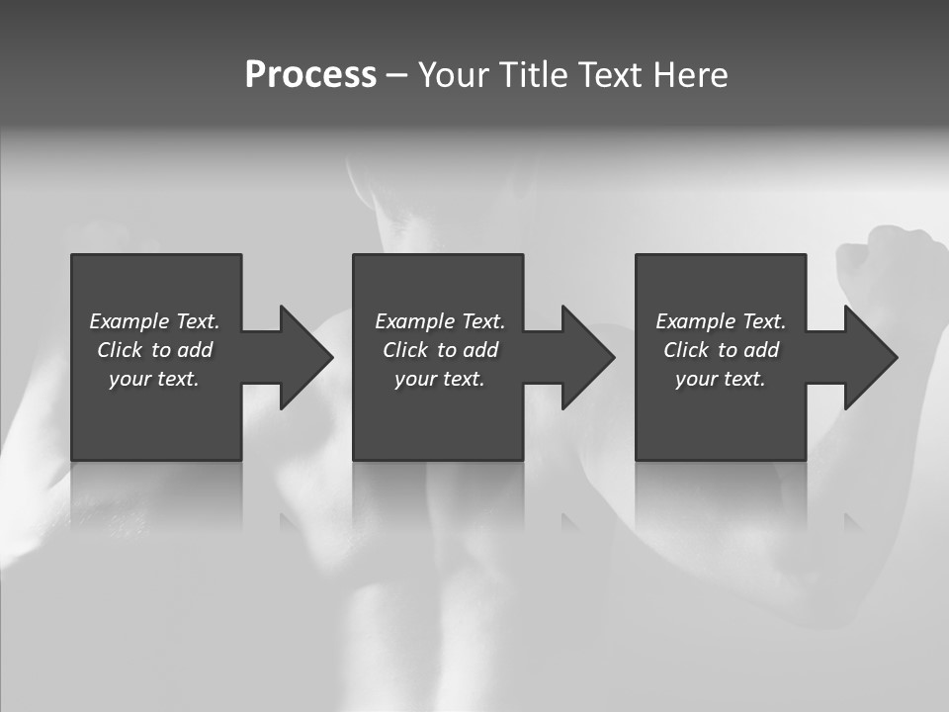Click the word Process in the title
[310, 75]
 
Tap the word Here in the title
[691, 75]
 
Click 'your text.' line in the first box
[154, 379]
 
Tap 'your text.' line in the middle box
[440, 379]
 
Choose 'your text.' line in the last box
[721, 379]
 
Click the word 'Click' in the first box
[120, 350]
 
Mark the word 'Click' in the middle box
[405, 350]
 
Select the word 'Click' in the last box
[686, 350]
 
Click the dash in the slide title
[396, 75]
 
